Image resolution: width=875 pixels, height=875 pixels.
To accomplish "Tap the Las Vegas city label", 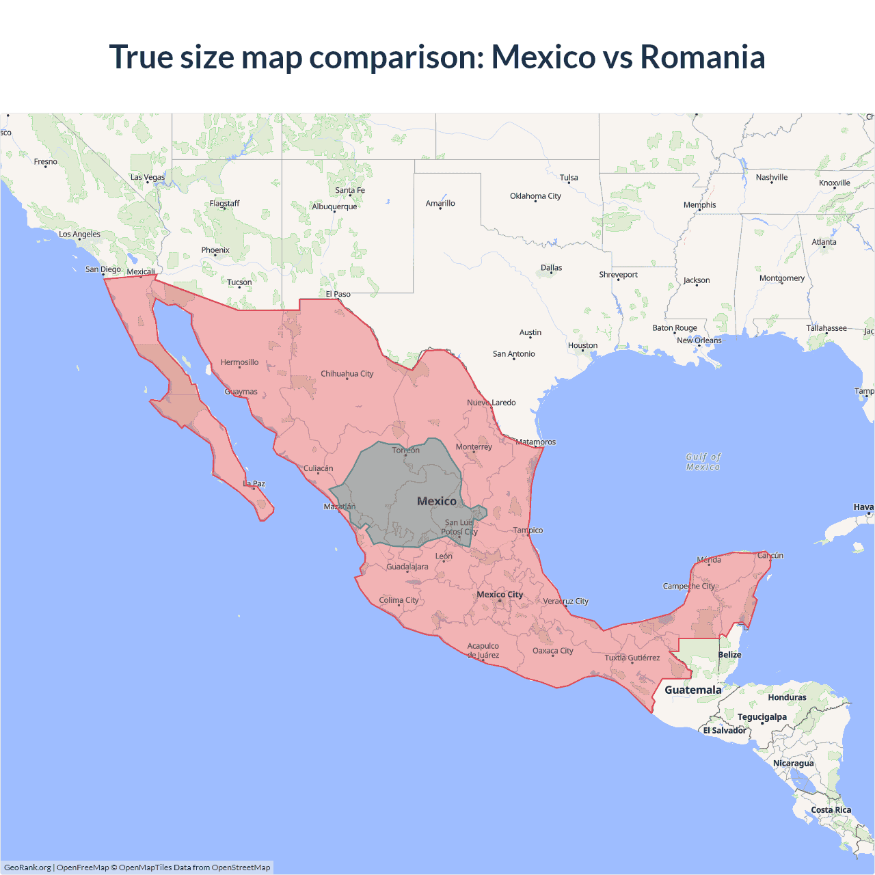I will click(148, 177).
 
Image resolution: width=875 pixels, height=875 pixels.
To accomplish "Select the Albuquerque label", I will click(334, 206).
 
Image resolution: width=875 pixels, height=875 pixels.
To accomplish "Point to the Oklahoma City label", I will click(535, 196).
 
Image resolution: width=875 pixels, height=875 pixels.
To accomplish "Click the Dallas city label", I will click(551, 268).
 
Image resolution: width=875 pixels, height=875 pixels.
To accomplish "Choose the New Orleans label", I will click(699, 340).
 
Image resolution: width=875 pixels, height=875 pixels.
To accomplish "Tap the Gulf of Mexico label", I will click(703, 462).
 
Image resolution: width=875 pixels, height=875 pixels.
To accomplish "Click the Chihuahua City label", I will click(347, 374).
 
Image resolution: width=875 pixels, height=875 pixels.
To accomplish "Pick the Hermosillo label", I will click(239, 362).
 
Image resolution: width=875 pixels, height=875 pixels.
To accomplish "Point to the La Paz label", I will click(254, 484).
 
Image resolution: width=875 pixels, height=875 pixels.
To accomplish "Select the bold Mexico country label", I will click(437, 501).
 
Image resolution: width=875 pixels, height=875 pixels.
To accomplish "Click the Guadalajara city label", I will click(407, 567).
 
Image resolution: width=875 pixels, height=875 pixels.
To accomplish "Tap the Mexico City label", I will click(500, 595).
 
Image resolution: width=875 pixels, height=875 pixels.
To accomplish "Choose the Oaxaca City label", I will click(552, 651).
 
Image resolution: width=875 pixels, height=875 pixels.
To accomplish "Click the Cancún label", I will click(770, 556).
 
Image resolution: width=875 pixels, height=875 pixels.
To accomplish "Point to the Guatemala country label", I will click(692, 690).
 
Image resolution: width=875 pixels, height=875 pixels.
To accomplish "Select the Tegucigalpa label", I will click(762, 717).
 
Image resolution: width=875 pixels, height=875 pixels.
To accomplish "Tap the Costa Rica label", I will click(831, 810).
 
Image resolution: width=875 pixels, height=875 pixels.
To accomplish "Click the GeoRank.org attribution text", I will click(27, 867).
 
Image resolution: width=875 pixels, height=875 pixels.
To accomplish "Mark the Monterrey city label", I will click(474, 447).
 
